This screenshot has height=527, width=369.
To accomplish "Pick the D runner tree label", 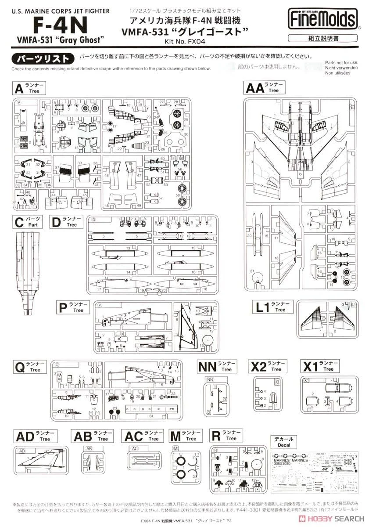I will coord(65,222).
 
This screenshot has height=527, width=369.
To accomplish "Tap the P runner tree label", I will coord(74,307).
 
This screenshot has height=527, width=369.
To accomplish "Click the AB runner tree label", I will coord(90,436).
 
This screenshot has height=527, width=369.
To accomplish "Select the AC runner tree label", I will coord(141,436).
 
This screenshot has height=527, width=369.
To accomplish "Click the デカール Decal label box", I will coord(284,441).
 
